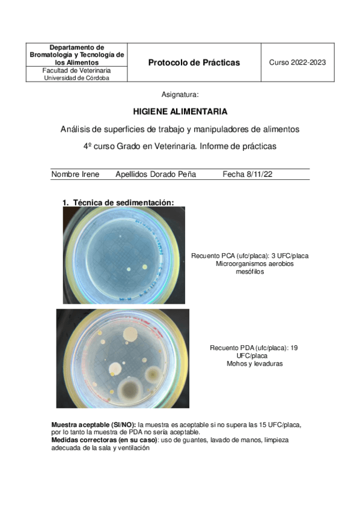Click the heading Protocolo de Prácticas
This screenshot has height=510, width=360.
coord(194,63)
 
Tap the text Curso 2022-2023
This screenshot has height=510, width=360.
coord(297,63)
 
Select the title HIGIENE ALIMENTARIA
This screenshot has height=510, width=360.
coord(180,112)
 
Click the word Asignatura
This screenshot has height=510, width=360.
coord(180,95)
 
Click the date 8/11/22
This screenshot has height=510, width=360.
coord(260,174)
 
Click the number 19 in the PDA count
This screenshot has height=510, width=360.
coord(296,348)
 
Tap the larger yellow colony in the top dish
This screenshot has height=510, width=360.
coord(144,267)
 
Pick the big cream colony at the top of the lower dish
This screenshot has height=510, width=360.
coord(128,335)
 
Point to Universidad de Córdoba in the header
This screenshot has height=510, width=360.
coord(77,78)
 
